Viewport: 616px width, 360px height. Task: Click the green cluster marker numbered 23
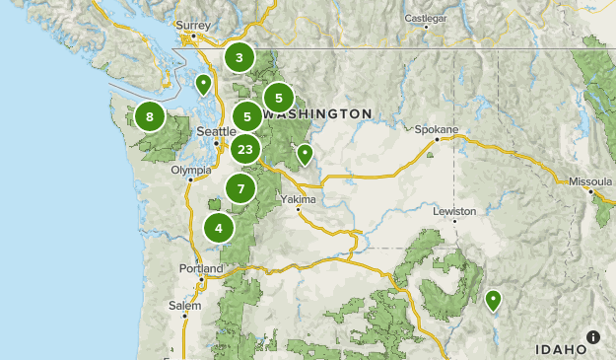pyautogui.click(x=245, y=150)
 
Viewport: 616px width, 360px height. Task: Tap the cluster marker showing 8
pyautogui.click(x=150, y=117)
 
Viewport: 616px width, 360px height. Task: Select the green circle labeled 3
pyautogui.click(x=239, y=57)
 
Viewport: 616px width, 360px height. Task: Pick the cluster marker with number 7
pyautogui.click(x=240, y=187)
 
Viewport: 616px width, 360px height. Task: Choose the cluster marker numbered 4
pyautogui.click(x=219, y=228)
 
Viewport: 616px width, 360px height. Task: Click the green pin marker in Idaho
pyautogui.click(x=493, y=300)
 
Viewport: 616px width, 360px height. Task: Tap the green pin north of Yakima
pyautogui.click(x=306, y=153)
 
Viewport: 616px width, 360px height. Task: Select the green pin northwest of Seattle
pyautogui.click(x=203, y=83)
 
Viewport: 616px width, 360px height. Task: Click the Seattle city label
pyautogui.click(x=216, y=131)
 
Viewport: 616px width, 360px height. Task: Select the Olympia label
pyautogui.click(x=191, y=170)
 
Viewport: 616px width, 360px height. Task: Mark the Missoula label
pyautogui.click(x=589, y=181)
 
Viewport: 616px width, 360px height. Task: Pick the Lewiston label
pyautogui.click(x=454, y=211)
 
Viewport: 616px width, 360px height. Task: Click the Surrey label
pyautogui.click(x=193, y=24)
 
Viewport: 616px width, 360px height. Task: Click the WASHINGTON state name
pyautogui.click(x=318, y=114)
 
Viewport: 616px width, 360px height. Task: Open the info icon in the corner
pyautogui.click(x=592, y=336)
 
